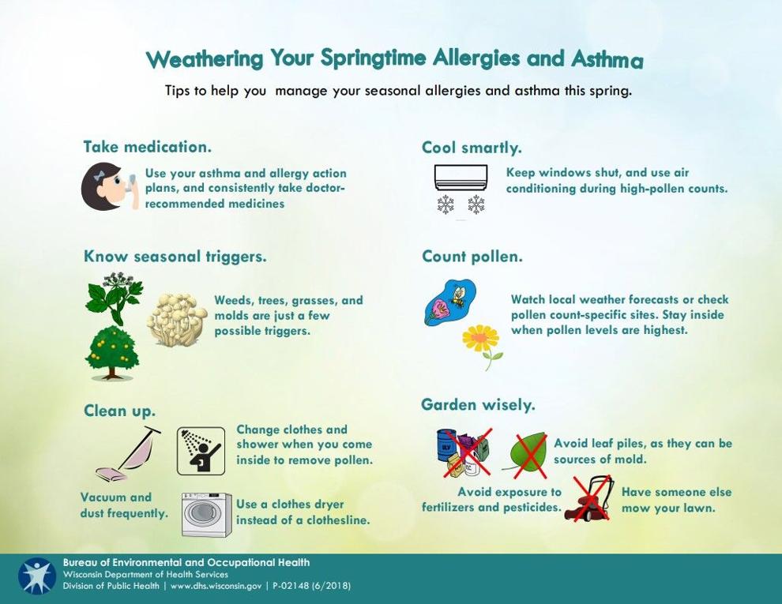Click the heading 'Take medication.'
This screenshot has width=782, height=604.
tap(148, 147)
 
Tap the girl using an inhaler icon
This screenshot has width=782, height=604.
tap(109, 186)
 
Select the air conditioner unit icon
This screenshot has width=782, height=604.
tap(461, 178)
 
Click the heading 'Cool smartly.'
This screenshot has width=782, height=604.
tap(472, 148)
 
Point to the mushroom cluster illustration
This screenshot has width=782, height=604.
tap(177, 320)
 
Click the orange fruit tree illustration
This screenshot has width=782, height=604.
tap(111, 352)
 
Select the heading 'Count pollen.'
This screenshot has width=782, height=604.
tap(472, 257)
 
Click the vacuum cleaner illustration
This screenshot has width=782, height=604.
tap(128, 453)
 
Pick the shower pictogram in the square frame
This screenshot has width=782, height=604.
tap(201, 451)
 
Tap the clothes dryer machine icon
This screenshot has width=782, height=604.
tap(206, 514)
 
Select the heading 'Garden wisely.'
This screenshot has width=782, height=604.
tap(478, 405)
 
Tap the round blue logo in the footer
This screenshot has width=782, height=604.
tap(37, 576)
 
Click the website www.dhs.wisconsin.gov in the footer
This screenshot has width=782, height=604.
tap(216, 586)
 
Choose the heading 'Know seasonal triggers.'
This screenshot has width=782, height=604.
tap(175, 257)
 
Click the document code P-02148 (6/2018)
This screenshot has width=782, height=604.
tap(312, 586)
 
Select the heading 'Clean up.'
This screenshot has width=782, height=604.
tap(120, 411)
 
